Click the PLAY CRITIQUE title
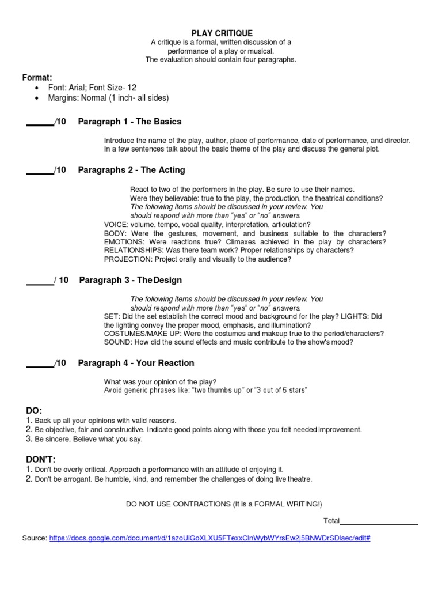pos(222,33)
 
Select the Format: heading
pos(37,77)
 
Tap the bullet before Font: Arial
pos(37,88)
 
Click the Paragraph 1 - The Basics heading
pos(129,122)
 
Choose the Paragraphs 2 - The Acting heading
pos(131,170)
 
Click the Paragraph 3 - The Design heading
pos(131,280)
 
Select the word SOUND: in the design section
pos(117,342)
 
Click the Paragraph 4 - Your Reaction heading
pos(136,363)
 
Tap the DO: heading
pos(34,410)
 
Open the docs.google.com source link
pos(209,538)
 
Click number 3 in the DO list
pos(29,439)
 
